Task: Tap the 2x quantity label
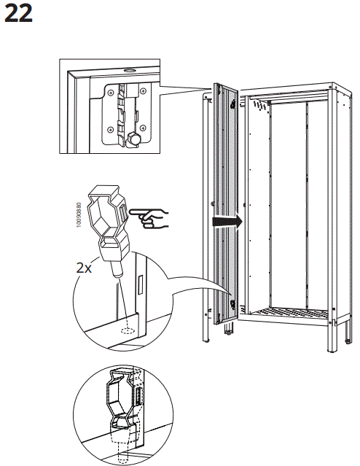coord(85,267)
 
